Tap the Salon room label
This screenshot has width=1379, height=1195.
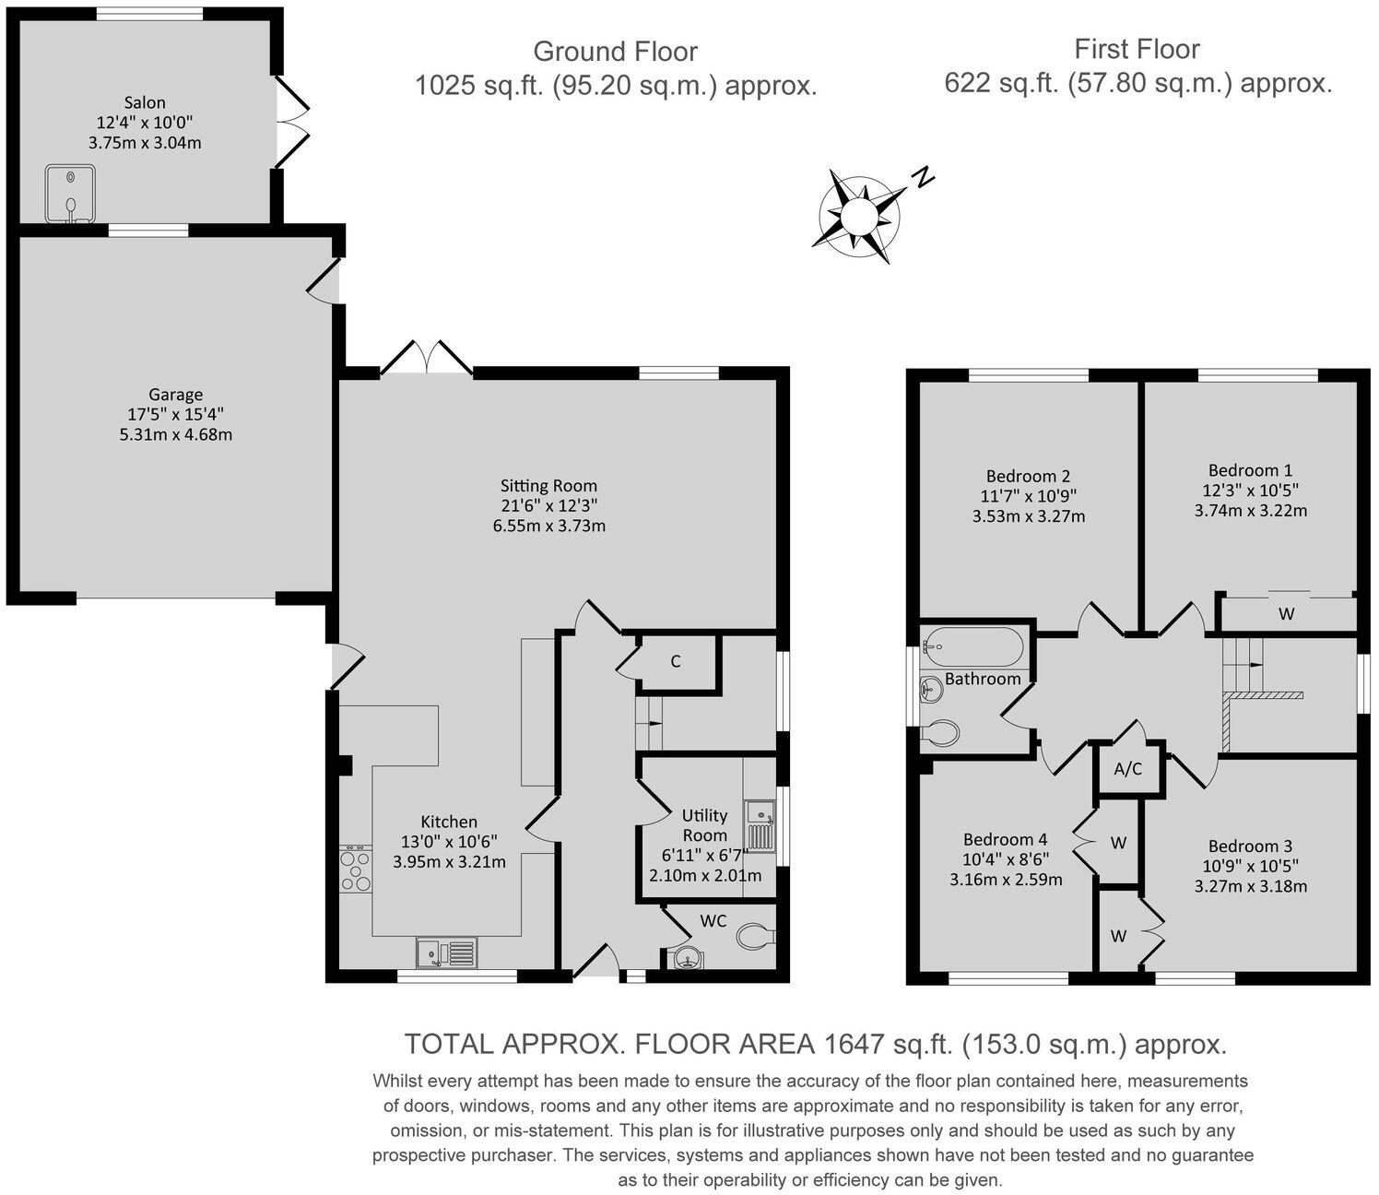145,103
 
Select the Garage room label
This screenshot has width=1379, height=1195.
175,395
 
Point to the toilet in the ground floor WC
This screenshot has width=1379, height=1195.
756,937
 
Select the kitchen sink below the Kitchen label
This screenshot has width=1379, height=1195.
447,952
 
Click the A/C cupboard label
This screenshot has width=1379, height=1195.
1128,769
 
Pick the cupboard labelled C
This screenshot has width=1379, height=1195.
676,661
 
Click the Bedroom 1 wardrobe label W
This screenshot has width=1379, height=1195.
1287,613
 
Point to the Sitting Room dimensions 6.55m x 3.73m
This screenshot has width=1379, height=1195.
549,527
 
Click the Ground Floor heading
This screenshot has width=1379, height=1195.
615,52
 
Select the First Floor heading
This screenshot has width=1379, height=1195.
1137,49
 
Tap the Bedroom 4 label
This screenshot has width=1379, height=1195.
1005,839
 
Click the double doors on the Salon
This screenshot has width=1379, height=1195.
293,120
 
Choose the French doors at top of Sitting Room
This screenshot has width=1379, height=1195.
426,359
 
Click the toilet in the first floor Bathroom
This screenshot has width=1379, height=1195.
940,733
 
